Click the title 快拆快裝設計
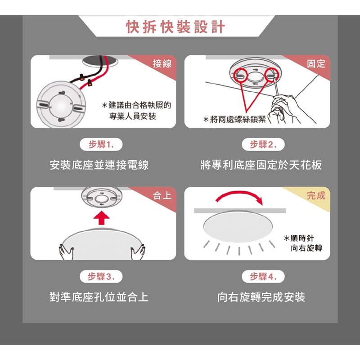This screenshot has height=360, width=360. coord(175,27)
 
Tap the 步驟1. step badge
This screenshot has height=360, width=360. coord(101,144)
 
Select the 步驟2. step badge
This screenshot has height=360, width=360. coord(263,144)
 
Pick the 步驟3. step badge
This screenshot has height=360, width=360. coord(101,276)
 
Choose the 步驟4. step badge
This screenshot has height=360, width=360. coord(263,276)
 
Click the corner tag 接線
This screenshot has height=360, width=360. coord(162,63)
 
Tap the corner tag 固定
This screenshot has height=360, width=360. coord(316,63)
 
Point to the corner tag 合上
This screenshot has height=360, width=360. coord(162,196)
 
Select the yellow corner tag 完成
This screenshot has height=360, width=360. coord(316,196)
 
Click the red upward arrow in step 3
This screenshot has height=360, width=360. coord(102,218)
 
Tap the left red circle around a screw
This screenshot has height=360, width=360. coord(241,75)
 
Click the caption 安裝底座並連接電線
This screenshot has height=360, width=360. coord(99,165)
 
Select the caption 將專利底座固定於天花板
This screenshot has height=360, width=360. coord(261,165)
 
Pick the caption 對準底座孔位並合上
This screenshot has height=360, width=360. coord(99,297)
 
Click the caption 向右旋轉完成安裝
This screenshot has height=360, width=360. coord(261,297)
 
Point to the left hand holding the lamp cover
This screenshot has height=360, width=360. coord(66,252)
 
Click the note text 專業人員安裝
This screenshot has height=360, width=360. coord(132,116)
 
